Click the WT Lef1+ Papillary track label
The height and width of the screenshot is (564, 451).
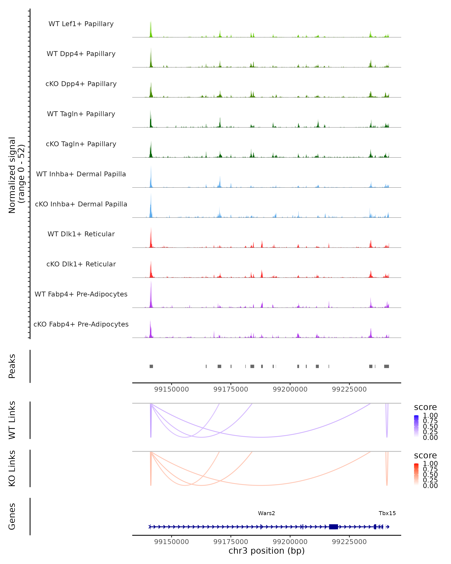coord(81,24)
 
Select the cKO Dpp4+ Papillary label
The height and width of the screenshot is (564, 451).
coord(81,84)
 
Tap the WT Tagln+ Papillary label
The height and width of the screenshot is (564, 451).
coord(81,114)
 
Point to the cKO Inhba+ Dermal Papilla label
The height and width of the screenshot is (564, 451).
coord(81,204)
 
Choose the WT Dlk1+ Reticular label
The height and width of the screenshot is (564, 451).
coord(81,234)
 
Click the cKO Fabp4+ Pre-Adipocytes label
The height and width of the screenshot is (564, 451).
coord(81,324)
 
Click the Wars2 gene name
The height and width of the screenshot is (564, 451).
coord(266,513)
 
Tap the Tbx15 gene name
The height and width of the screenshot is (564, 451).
coord(387,513)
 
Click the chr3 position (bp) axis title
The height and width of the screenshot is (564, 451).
coord(266,551)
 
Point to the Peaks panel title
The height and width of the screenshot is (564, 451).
coord(12,366)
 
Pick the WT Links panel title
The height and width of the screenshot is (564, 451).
coord(12,420)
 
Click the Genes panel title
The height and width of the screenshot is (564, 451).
coord(12,516)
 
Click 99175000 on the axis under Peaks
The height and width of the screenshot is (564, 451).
coord(231,389)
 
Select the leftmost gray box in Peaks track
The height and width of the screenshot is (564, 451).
coord(151,366)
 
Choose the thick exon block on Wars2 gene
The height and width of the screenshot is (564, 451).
coord(333,527)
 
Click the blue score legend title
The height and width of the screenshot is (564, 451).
coord(425,407)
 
